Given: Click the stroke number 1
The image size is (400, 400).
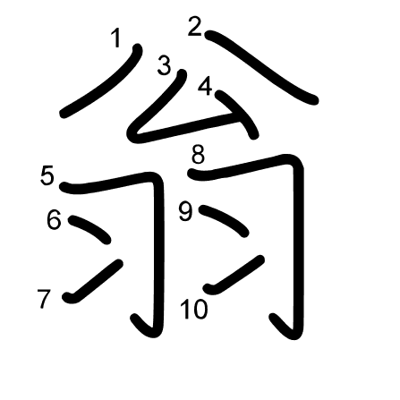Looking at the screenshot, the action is coord(116,38).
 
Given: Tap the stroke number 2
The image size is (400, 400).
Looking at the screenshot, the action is coord(195,27).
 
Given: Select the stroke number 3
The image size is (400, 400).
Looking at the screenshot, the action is coord(164,65).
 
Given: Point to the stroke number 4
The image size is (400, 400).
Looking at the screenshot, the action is coord(205,86).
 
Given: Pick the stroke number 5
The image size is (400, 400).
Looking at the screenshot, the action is coord(47,175).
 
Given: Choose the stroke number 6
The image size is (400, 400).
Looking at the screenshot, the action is coord(54,219).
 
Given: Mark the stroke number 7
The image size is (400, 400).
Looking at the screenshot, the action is coord(44,299).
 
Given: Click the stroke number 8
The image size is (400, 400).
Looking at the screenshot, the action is coord(198,154).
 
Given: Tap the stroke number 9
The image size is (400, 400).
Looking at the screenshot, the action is coord(186,211).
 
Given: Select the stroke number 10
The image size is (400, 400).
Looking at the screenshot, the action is coord(194,310).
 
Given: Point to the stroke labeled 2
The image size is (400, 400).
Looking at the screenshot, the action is coord(260,66).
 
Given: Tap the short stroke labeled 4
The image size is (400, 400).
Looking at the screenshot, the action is coord(239,113).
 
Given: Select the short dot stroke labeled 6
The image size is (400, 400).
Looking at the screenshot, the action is coord(90,228).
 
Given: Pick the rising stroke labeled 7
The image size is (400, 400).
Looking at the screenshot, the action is coord(92,281).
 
